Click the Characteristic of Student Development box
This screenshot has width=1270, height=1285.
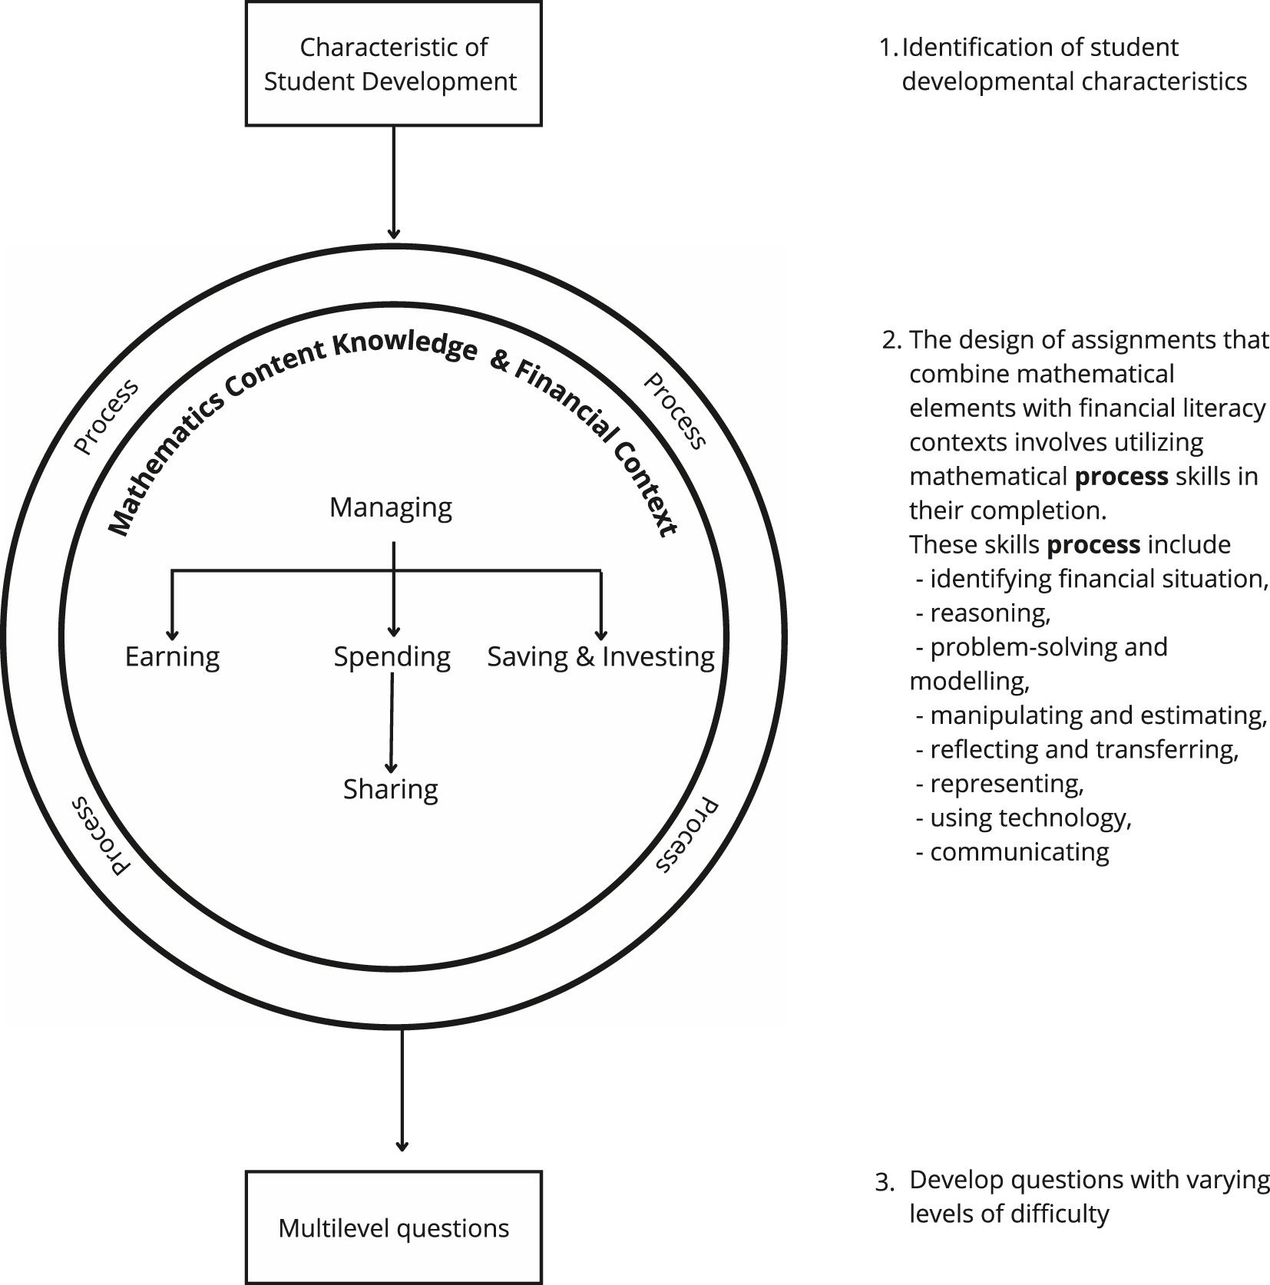393,64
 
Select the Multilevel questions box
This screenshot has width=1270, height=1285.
393,1227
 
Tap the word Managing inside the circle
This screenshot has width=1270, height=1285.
390,507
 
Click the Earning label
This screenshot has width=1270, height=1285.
172,656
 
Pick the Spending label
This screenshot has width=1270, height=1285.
392,656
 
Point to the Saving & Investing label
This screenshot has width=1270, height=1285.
600,656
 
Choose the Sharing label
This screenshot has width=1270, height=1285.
390,789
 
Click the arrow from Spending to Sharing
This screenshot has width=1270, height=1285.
392,722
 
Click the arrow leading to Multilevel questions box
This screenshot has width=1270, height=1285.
402,1090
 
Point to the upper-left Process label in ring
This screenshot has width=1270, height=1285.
107,416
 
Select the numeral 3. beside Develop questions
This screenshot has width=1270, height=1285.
885,1182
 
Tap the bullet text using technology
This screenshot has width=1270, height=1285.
1030,818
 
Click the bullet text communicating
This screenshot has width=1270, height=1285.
1019,852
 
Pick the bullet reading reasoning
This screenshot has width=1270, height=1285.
990,613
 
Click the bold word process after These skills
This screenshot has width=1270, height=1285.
1093,545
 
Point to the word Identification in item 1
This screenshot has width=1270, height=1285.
967,48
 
